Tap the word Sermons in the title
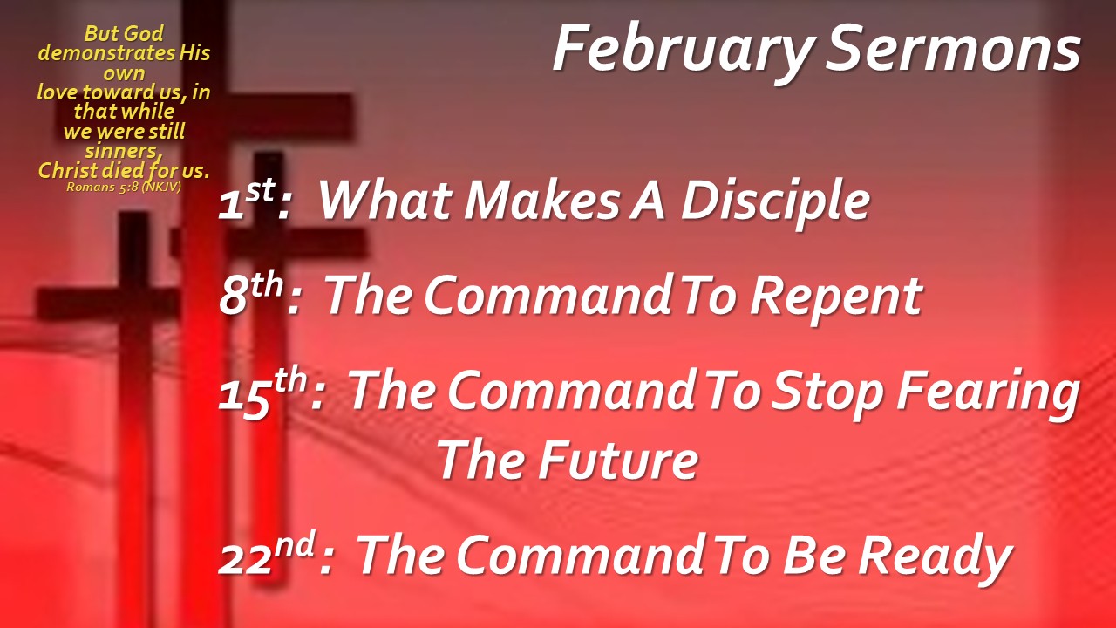(953, 49)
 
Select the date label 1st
(247, 200)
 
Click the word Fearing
(988, 393)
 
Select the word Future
(618, 460)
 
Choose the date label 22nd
(267, 554)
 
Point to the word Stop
(827, 393)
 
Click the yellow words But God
(124, 34)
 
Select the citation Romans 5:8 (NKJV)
(124, 188)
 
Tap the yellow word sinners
(123, 151)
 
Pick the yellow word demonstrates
(106, 53)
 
